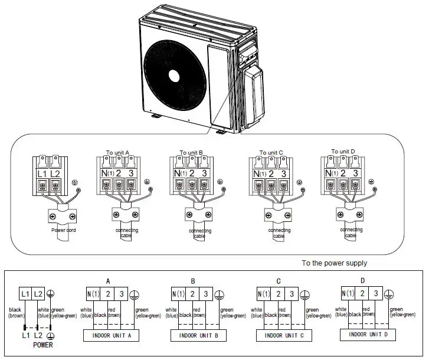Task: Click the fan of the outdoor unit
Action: click(175, 76)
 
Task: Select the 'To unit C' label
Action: click(271, 152)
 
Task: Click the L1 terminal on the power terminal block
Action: click(41, 174)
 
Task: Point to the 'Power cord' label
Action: click(64, 230)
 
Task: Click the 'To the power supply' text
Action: click(334, 263)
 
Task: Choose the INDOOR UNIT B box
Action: click(200, 335)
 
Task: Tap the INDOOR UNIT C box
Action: click(286, 335)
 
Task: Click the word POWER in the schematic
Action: click(40, 345)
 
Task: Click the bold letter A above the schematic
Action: click(109, 281)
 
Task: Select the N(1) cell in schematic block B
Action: click(178, 293)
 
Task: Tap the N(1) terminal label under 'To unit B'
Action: click(180, 174)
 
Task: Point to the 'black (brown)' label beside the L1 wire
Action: click(15, 312)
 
